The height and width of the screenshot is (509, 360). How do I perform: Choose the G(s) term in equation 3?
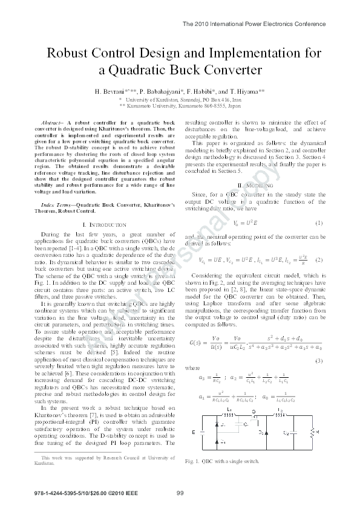[198, 343]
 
